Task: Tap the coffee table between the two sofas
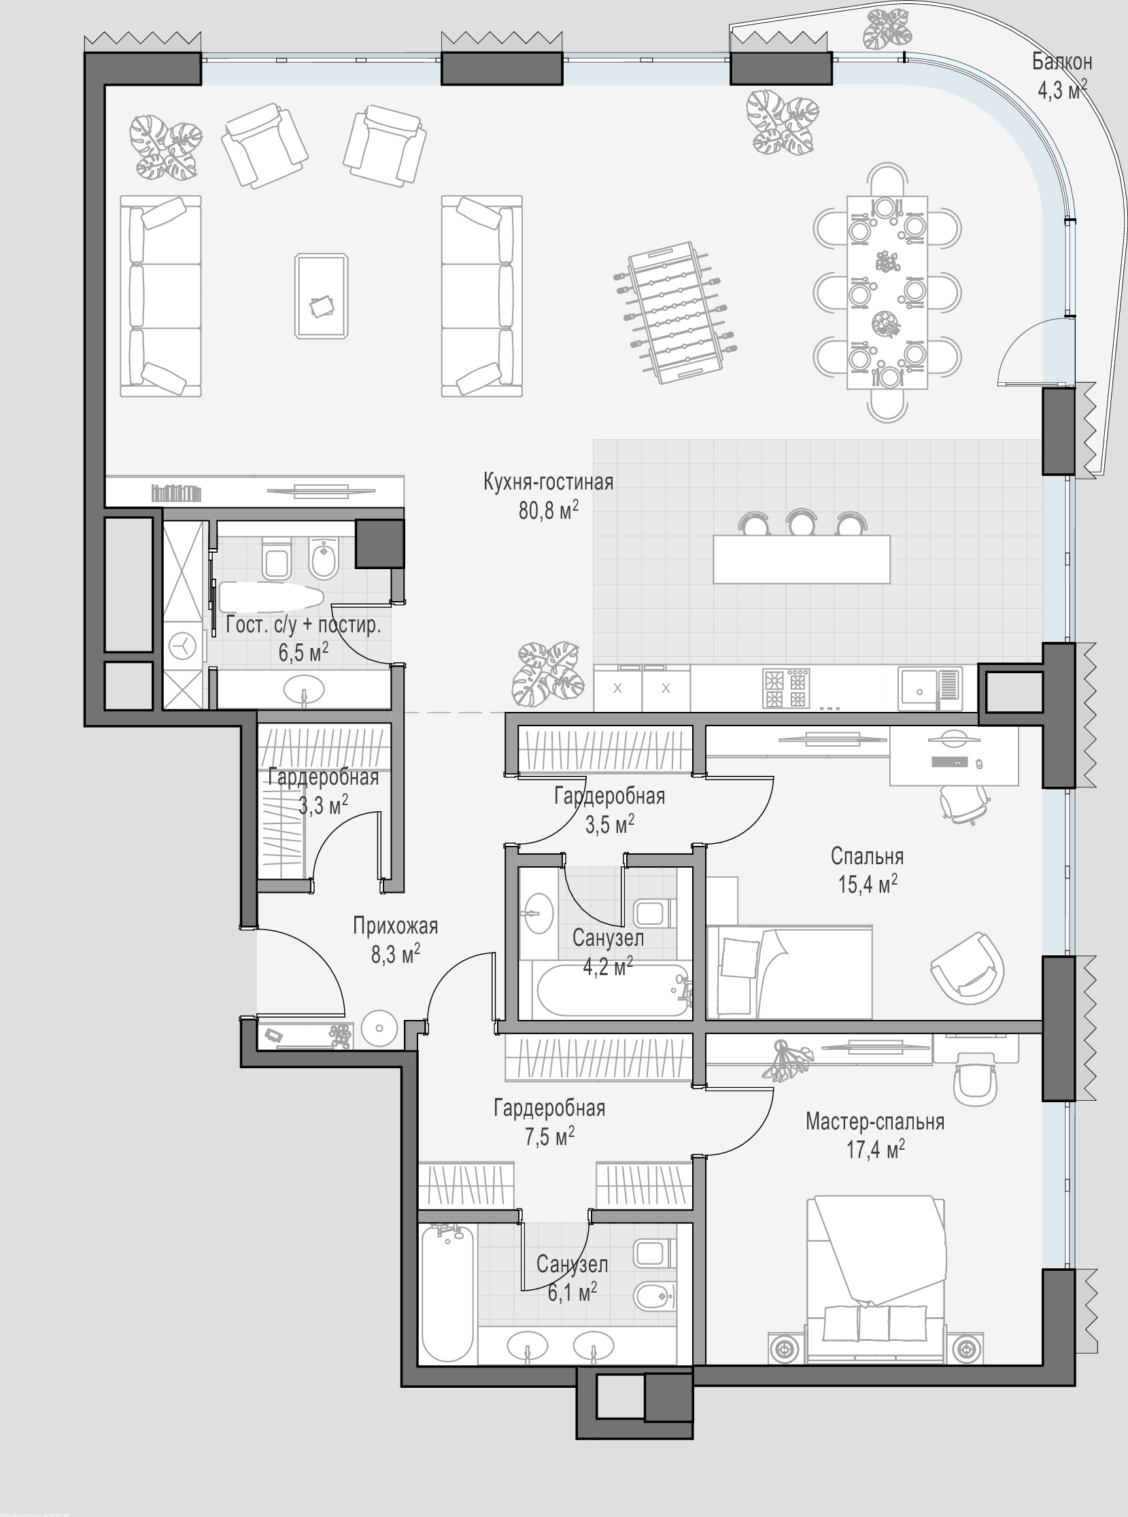click(x=322, y=296)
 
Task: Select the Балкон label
click(x=1062, y=62)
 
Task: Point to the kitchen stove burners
click(x=786, y=688)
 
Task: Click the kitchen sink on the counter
click(x=929, y=685)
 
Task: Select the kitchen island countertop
click(x=802, y=559)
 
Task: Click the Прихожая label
click(x=395, y=925)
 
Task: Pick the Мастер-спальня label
click(x=874, y=1122)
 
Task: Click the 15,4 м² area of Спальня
click(x=868, y=885)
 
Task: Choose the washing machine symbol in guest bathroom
click(x=184, y=645)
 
